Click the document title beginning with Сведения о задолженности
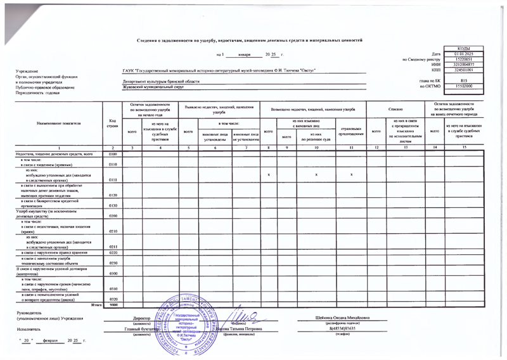(x=249, y=40)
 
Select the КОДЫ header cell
(x=464, y=49)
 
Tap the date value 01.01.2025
(x=464, y=55)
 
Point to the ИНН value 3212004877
(x=464, y=65)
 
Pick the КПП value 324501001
(x=464, y=70)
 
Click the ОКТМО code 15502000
(x=464, y=86)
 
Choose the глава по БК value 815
(x=464, y=80)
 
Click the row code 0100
(x=112, y=154)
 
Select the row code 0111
(x=112, y=180)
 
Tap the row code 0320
(x=112, y=299)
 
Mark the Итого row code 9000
(x=112, y=305)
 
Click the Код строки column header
(x=112, y=123)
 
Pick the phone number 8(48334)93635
(x=342, y=328)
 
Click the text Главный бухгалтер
(x=141, y=329)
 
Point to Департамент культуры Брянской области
(x=161, y=82)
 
